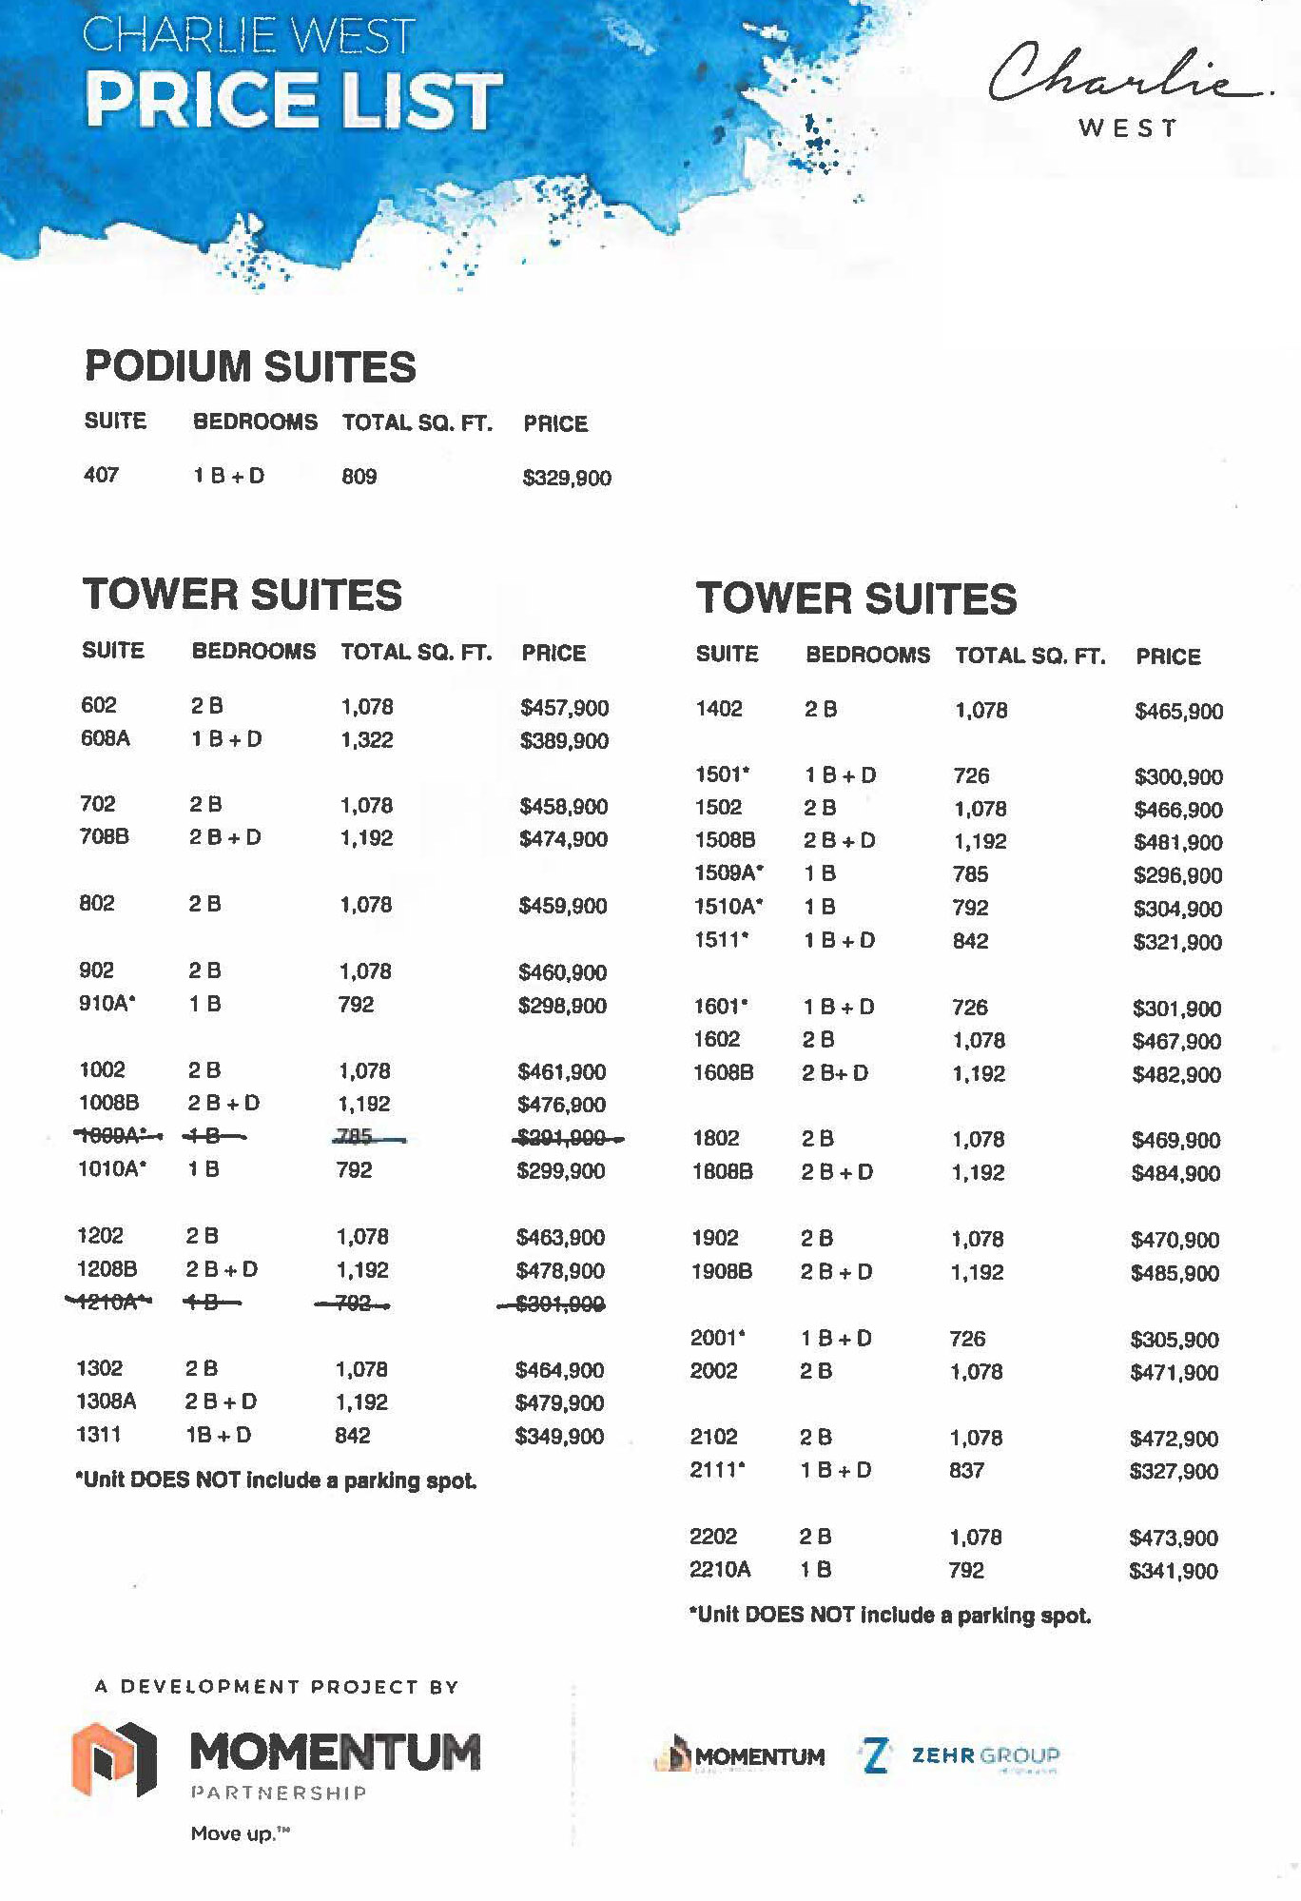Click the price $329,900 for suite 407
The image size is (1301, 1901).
point(567,478)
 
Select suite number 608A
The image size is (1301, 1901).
point(105,738)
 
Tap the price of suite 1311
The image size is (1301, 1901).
point(559,1436)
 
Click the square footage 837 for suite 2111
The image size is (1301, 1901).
point(966,1470)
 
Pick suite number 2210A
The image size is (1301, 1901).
point(720,1569)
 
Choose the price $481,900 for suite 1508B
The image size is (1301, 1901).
point(1177,842)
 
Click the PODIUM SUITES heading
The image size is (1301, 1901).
point(250,366)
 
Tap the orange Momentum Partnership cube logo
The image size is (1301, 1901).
point(114,1758)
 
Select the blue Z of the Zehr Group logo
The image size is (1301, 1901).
point(875,1756)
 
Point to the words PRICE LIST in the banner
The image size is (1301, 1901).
point(293,100)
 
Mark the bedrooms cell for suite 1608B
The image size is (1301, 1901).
point(835,1072)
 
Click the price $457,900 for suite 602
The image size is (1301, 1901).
point(564,707)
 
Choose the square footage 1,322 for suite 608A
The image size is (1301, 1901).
point(366,739)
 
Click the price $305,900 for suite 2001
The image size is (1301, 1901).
point(1175,1340)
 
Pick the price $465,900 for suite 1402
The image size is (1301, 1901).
point(1178,711)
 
